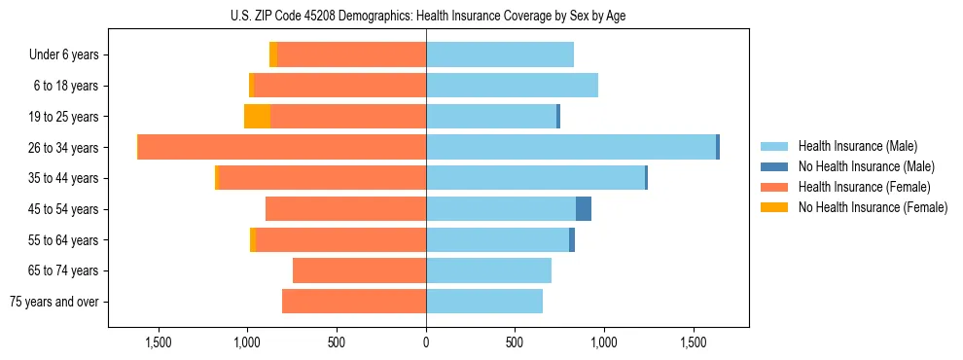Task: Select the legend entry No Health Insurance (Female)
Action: coord(873,207)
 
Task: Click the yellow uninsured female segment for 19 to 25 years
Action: coord(257,117)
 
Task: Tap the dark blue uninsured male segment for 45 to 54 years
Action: coord(584,209)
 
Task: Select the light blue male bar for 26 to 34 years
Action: coord(571,147)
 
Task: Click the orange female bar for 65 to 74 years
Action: coord(359,270)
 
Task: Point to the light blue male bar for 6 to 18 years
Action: coord(512,86)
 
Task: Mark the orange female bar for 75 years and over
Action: coord(354,302)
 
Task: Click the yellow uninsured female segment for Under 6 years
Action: coord(273,54)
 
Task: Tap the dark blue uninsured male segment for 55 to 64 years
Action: coord(572,239)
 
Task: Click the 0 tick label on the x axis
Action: coord(426,343)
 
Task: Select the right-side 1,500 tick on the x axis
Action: coord(694,343)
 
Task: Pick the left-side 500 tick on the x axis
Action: coord(337,343)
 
